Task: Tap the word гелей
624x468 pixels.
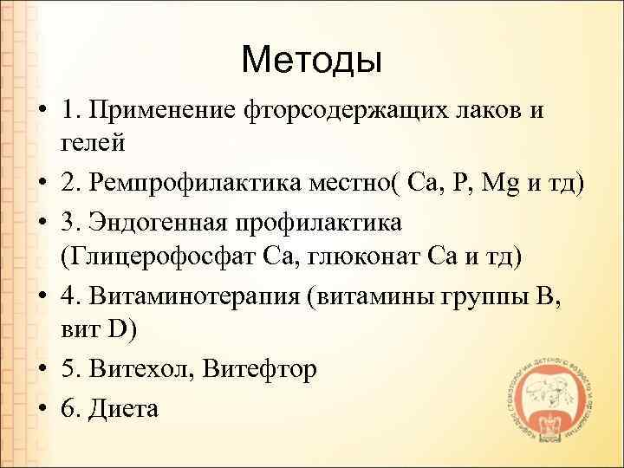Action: click(x=94, y=140)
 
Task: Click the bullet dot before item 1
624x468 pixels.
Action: click(x=40, y=112)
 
